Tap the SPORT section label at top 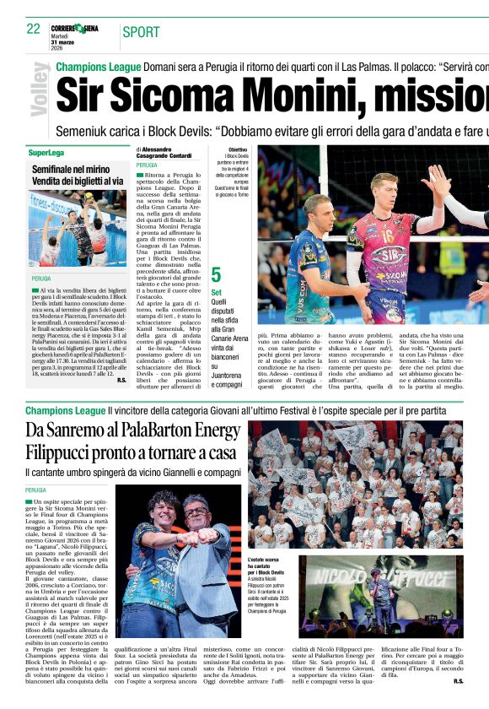(141, 33)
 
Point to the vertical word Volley (40, 89)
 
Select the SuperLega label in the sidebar (46, 153)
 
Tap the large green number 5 (217, 274)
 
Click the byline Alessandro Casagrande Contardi (169, 153)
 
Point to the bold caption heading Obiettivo (238, 149)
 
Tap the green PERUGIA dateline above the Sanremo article (37, 490)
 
